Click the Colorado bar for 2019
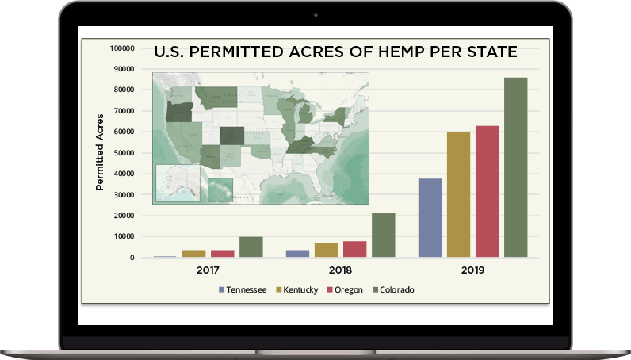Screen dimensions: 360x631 tap(515, 167)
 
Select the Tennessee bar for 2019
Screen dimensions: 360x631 tap(430, 218)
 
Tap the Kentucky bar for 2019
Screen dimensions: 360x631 tap(458, 194)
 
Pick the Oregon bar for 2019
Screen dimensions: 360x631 tap(487, 191)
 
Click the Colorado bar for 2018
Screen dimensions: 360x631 tap(384, 235)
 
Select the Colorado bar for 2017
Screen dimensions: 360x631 tap(250, 247)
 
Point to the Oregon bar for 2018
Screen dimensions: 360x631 tap(355, 249)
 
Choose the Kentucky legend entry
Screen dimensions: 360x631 tap(296, 290)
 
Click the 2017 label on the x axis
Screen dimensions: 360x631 tap(208, 270)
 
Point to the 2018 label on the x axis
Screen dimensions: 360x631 tap(341, 270)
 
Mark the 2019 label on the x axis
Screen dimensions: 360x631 tap(473, 270)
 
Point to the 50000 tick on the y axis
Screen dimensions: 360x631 tap(121, 153)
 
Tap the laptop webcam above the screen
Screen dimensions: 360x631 tap(315, 14)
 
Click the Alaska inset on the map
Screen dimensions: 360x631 tap(177, 183)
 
